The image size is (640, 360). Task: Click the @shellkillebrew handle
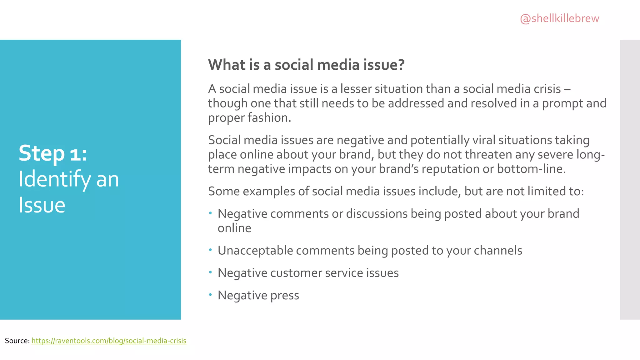coord(559,19)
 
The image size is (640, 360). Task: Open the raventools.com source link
coord(109,341)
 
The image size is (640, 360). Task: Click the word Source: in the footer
coord(17,341)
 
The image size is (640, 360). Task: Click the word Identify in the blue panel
coord(55,179)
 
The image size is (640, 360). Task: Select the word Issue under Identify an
coord(42,205)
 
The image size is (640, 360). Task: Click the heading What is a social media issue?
coord(306,65)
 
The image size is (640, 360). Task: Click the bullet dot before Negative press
coord(211,294)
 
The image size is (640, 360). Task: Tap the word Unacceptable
coord(255,251)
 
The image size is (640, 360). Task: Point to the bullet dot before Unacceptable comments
coord(211,250)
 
